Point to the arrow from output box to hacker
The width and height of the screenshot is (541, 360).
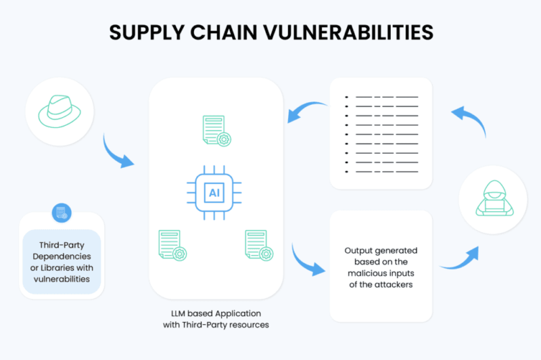click(x=461, y=260)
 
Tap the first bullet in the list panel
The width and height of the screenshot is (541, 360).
click(x=346, y=97)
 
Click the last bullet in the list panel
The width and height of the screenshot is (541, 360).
click(x=346, y=171)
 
